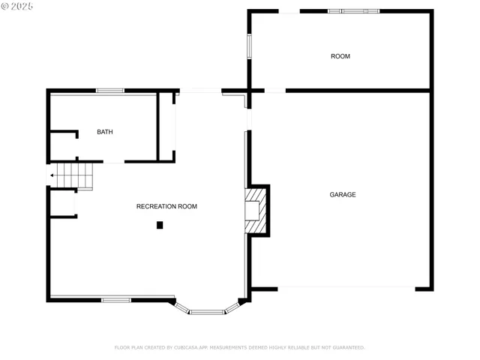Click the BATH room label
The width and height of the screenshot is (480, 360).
(105, 132)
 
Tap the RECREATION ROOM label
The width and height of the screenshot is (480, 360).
(166, 206)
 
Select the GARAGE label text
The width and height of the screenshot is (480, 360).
(343, 195)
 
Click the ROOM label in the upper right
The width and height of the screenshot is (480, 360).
(340, 57)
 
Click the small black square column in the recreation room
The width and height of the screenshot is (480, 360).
(160, 225)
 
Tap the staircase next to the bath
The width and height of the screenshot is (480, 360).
(76, 175)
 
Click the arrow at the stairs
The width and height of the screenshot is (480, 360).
(52, 175)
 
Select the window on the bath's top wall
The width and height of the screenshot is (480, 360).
(110, 91)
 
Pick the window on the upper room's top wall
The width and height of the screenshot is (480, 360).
(354, 11)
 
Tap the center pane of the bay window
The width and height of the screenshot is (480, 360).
(206, 311)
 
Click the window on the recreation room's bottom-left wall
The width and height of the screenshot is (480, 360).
(116, 300)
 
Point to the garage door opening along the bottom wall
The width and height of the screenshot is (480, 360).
(346, 288)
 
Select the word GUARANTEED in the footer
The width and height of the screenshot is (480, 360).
(346, 347)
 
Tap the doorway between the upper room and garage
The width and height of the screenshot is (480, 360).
(275, 91)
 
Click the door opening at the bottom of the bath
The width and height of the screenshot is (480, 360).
(113, 162)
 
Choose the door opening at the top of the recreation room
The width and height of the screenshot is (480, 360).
(200, 91)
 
